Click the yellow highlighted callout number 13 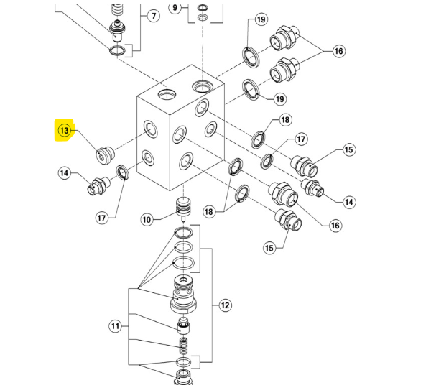tap(65, 131)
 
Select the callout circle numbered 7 tap(152, 15)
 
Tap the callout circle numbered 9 tap(174, 8)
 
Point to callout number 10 tap(147, 219)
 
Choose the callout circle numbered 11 tap(116, 327)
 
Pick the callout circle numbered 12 tap(225, 305)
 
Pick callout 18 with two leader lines tap(209, 211)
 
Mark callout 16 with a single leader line tap(335, 226)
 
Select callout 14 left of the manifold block tap(65, 172)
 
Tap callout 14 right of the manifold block tap(349, 203)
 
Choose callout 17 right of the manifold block tap(300, 139)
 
